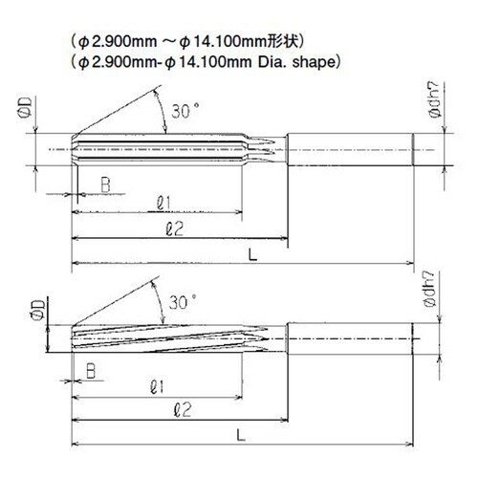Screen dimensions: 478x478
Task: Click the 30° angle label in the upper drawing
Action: (185, 111)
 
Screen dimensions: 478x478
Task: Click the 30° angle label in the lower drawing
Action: (183, 302)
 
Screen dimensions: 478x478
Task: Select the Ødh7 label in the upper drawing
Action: (435, 99)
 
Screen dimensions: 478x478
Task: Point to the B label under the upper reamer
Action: (105, 185)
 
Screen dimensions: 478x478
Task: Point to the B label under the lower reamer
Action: (91, 371)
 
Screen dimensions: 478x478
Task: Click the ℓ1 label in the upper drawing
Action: (163, 204)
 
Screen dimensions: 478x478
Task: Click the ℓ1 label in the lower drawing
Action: (157, 387)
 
